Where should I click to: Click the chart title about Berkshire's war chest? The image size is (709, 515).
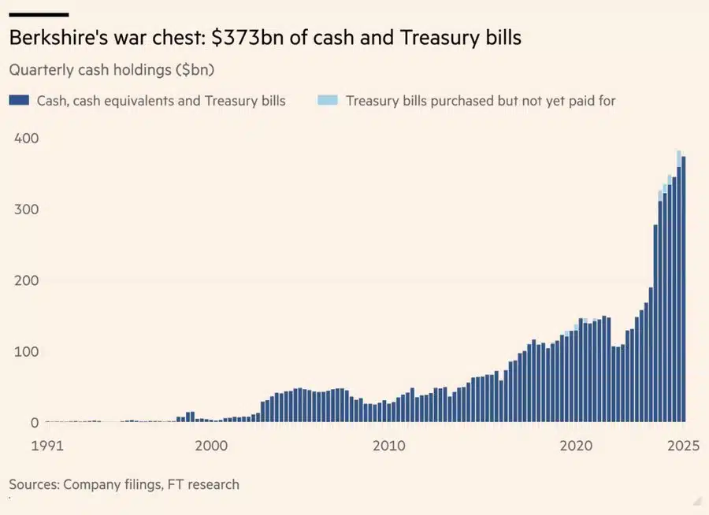coord(265,38)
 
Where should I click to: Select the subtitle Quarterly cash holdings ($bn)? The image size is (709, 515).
coord(113,69)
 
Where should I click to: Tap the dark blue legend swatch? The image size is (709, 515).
coord(19,100)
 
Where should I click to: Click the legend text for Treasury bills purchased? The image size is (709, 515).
coord(481,101)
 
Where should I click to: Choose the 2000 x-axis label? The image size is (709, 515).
coord(211,445)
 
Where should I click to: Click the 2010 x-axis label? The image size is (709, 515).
coord(388,445)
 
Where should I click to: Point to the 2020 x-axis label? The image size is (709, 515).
coord(576,445)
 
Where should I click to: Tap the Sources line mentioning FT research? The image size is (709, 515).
coord(124,484)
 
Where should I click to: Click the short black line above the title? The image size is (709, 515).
coord(39,14)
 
